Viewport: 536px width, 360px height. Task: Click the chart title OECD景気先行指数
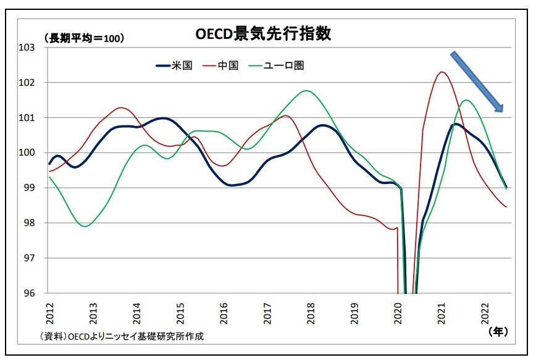(x=263, y=34)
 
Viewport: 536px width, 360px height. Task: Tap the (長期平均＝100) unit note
(x=84, y=38)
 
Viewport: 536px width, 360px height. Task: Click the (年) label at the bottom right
(x=497, y=332)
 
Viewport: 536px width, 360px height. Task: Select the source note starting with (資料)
(x=121, y=337)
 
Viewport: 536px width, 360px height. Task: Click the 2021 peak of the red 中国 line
(x=442, y=72)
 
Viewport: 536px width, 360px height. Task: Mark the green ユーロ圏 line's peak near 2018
(x=307, y=91)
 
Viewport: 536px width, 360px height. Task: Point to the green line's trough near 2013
(x=85, y=227)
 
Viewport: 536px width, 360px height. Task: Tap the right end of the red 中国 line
(x=506, y=207)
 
